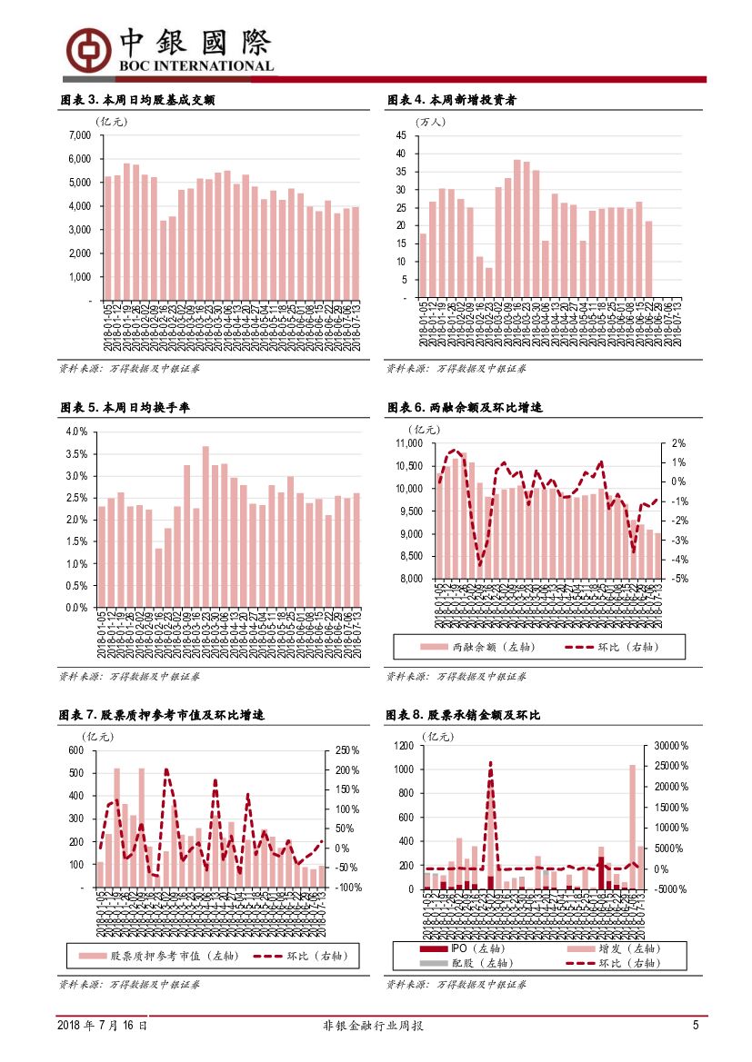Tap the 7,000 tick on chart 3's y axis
click(80, 135)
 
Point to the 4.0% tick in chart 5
click(76, 432)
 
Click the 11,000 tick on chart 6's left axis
click(410, 443)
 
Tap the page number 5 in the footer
click(696, 1026)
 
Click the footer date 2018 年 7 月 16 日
click(102, 1026)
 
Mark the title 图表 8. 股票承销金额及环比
click(464, 716)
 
